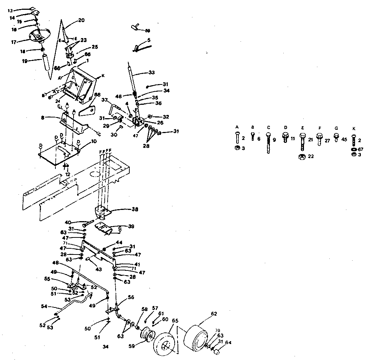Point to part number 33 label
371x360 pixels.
click(x=152, y=73)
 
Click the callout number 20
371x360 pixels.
click(x=81, y=20)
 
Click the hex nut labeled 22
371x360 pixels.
click(x=301, y=157)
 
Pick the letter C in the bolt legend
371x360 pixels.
click(x=268, y=127)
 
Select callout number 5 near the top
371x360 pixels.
click(x=149, y=39)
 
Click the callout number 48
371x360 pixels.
click(x=56, y=263)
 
